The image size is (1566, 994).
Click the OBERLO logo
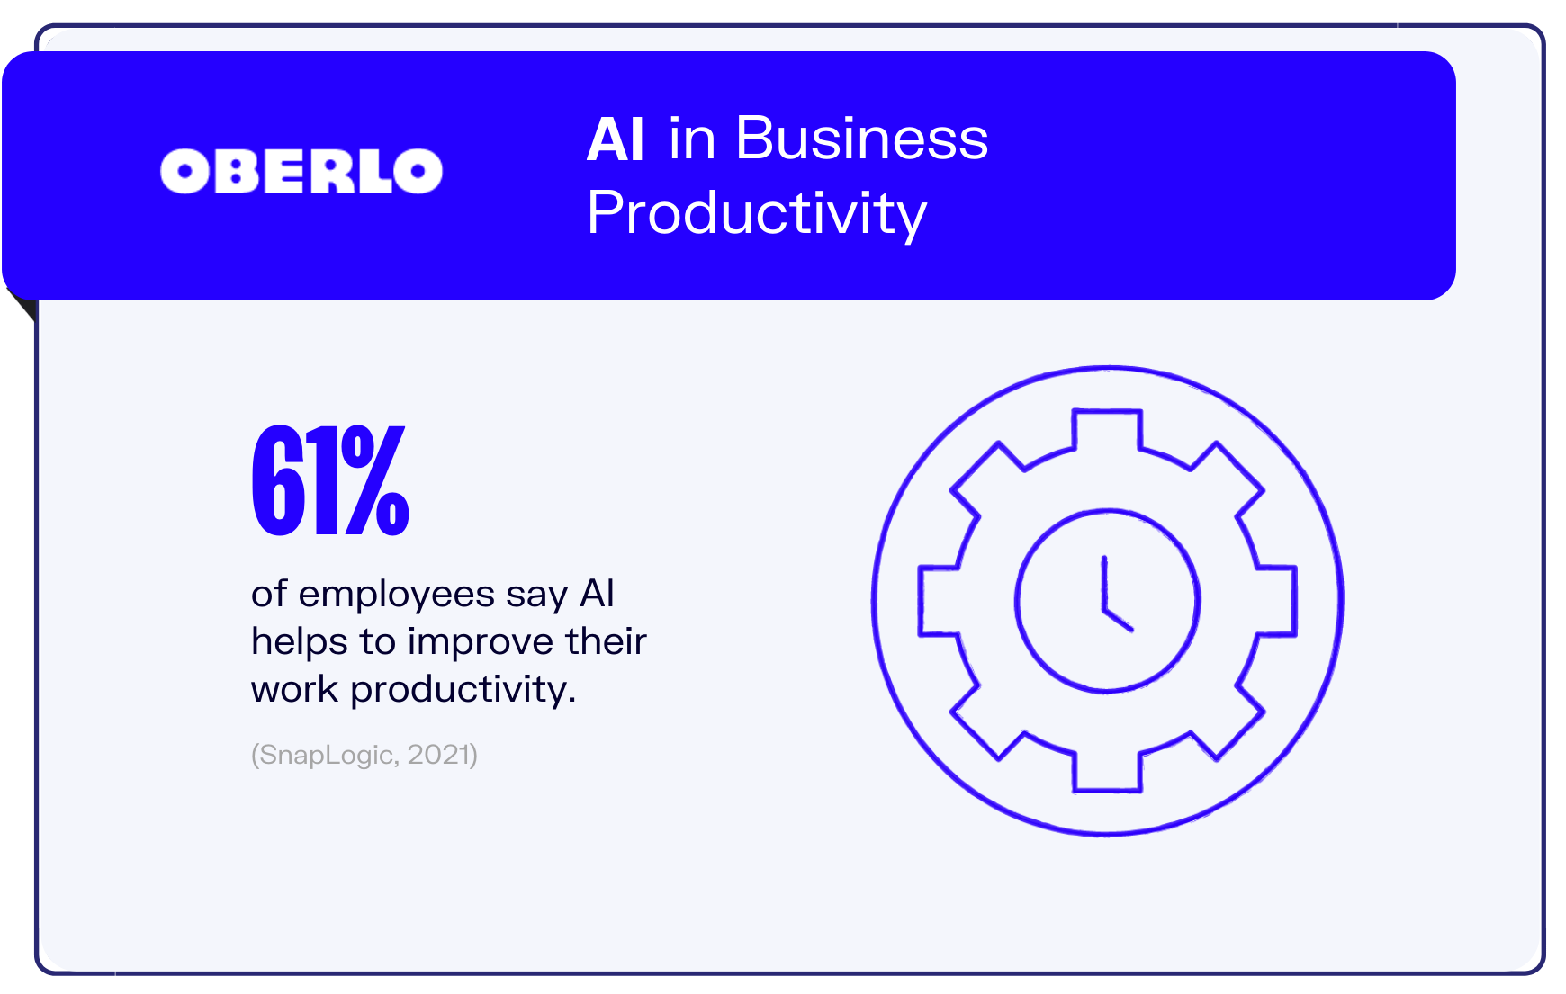pos(301,171)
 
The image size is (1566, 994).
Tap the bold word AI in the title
pos(616,139)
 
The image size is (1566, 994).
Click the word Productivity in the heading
pos(756,214)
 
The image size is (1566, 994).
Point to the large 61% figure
pos(330,480)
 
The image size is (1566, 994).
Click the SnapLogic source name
pos(325,755)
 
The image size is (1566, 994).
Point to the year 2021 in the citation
pos(438,754)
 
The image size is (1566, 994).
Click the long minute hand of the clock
pos(1104,585)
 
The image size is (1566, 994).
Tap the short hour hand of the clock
pos(1118,620)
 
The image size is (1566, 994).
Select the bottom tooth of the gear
pos(1107,773)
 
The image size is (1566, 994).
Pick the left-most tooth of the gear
pos(938,601)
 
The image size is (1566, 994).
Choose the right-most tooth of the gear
pos(1277,601)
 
